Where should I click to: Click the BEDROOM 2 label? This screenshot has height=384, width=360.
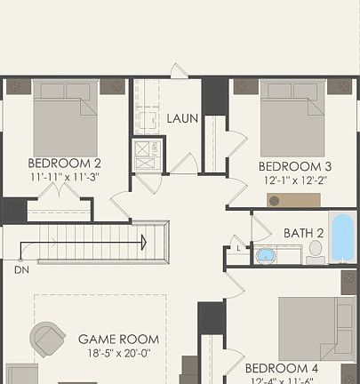64,163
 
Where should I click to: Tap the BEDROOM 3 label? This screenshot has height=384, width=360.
295,166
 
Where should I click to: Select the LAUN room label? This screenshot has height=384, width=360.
182,118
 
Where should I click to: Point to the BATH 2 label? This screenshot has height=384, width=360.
303,233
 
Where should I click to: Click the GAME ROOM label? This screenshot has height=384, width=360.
118,339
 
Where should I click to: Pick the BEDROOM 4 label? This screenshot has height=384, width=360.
282,368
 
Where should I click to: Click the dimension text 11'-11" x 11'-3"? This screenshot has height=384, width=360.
64,176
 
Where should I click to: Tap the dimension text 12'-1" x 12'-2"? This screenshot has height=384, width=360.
295,180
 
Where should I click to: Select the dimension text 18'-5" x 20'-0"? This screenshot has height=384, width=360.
118,352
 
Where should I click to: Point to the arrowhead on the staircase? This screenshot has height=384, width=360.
142,240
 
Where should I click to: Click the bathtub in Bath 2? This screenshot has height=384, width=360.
341,236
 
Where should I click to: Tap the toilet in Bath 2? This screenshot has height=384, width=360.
315,251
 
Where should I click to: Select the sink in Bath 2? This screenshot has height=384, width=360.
266,256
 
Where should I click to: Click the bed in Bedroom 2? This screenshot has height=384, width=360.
66,120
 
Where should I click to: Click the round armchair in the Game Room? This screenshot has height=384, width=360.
47,339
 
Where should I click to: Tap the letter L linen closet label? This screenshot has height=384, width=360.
236,247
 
